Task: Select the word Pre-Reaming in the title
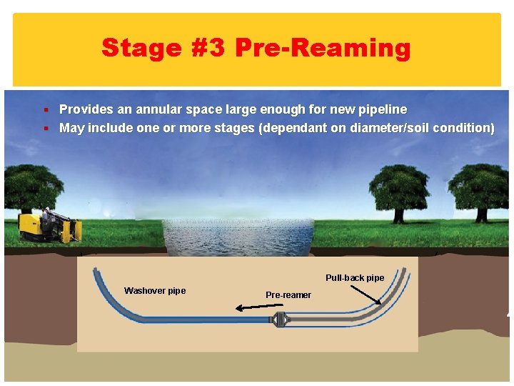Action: coord(323,48)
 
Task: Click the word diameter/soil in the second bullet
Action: coord(387,128)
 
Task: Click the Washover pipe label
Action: coord(155,291)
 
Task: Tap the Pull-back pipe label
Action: coord(355,278)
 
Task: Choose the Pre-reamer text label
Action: coord(288,295)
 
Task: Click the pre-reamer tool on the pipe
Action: coord(278,320)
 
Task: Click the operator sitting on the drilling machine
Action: coord(46,214)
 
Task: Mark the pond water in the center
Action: coord(237,236)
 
